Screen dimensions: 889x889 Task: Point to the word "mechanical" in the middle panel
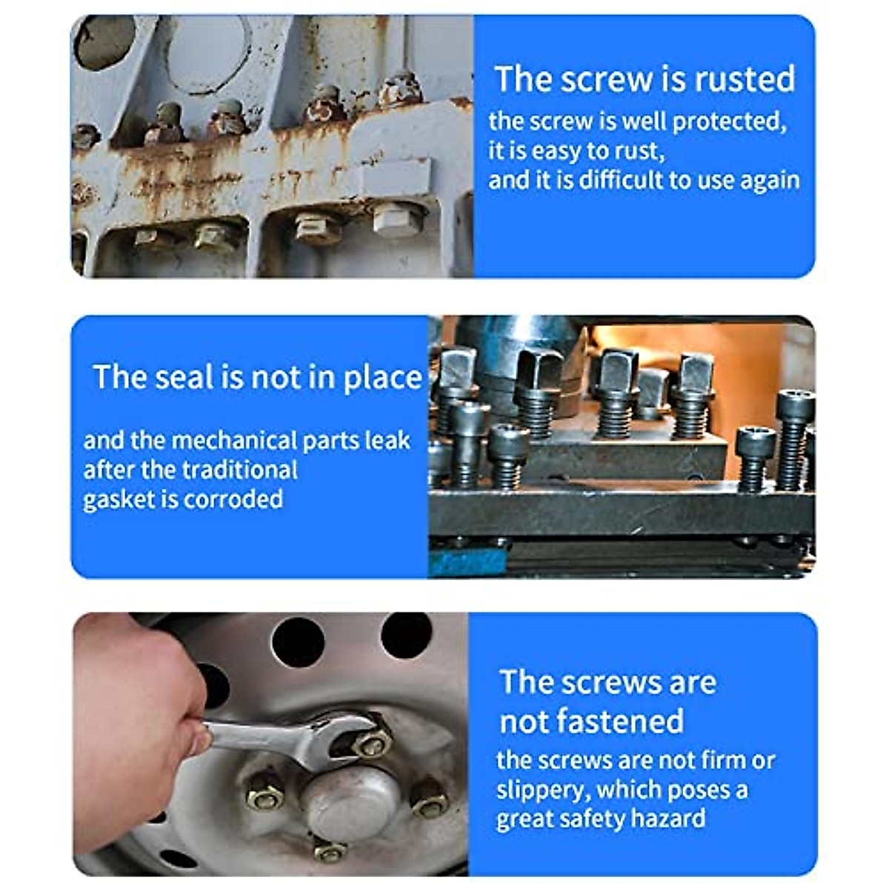coord(233,441)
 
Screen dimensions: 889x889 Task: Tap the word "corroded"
coord(233,499)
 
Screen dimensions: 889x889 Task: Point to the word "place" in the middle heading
coord(382,378)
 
